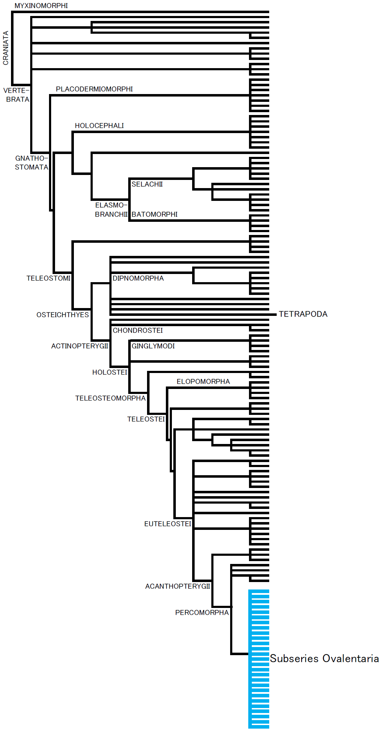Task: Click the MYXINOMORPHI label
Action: click(41, 6)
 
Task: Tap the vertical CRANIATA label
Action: click(6, 48)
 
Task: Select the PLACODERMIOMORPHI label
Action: click(94, 89)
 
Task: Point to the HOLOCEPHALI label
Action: click(99, 126)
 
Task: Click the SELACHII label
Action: click(147, 184)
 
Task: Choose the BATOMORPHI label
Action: click(154, 214)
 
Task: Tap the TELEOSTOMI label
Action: click(48, 278)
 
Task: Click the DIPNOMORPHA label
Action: click(138, 278)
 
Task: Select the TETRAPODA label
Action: click(303, 314)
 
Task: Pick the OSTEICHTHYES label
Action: click(63, 315)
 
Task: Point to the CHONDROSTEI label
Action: click(138, 330)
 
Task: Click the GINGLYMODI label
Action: click(153, 346)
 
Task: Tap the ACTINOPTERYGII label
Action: click(80, 346)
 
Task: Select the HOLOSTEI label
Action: click(109, 372)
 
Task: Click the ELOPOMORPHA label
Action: click(203, 382)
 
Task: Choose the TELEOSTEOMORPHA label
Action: click(110, 398)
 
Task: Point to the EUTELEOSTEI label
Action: click(168, 524)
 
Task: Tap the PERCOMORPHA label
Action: click(202, 613)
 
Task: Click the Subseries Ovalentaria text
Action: click(324, 658)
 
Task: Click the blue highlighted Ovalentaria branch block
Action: click(259, 658)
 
